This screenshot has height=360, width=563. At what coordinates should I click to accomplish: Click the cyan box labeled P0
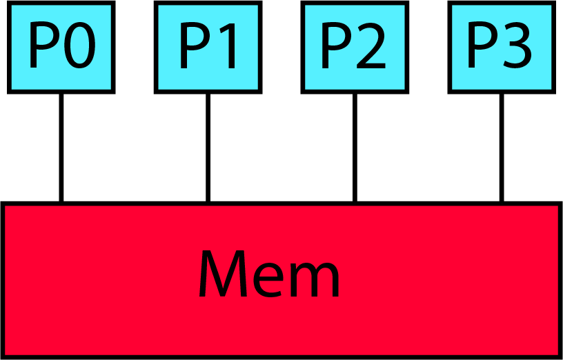point(61,47)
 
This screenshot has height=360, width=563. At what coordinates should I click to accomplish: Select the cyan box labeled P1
point(208,47)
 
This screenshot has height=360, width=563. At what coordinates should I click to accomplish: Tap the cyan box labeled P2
point(354,47)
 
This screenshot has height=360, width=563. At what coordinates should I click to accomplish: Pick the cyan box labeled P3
point(501,47)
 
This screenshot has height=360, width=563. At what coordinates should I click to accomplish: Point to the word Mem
point(269,274)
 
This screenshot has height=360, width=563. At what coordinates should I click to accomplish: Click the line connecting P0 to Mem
point(61,147)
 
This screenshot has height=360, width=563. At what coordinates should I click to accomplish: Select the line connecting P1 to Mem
point(208,147)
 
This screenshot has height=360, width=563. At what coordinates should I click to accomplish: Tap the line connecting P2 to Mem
point(355,147)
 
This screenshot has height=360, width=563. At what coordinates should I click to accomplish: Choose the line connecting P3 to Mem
point(501,147)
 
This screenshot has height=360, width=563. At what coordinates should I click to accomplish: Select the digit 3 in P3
point(517,47)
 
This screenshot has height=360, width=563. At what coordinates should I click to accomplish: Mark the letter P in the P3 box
point(481,47)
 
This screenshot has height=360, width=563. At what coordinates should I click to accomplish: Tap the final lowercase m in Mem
point(314,280)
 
